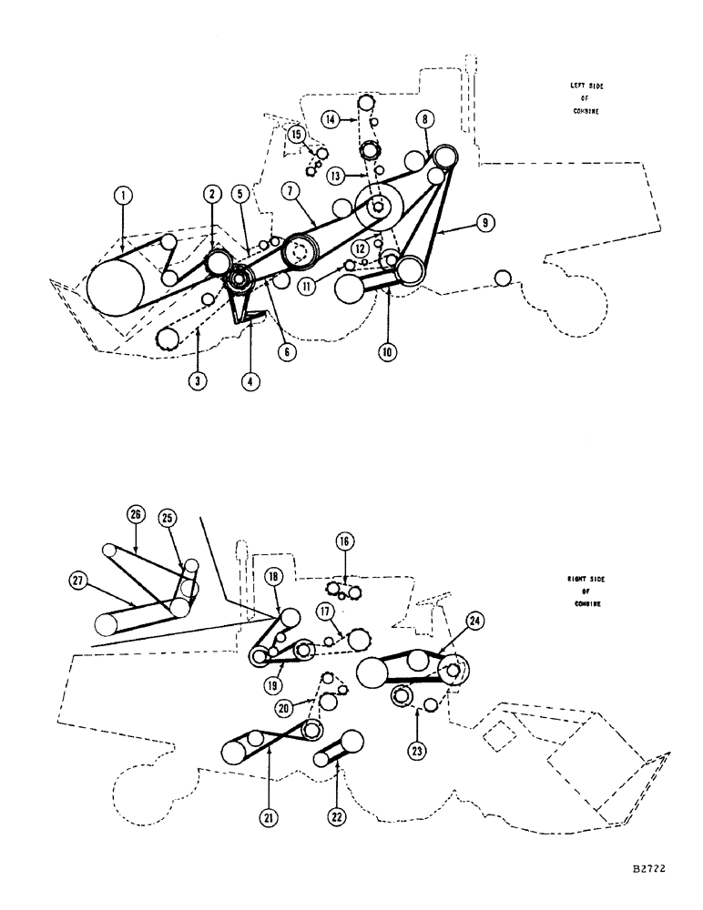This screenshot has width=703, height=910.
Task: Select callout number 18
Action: [x=272, y=578]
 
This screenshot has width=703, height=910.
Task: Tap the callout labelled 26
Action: [x=137, y=514]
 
